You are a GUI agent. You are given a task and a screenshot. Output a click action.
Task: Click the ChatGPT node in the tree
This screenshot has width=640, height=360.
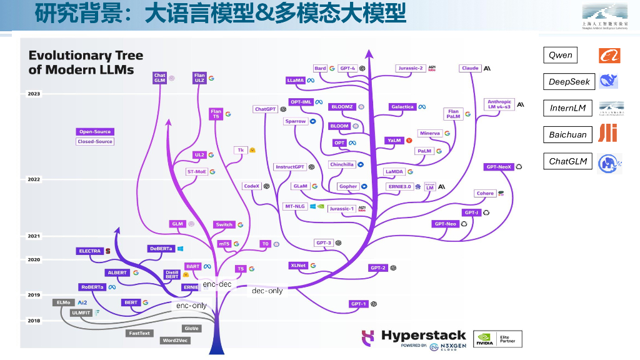(x=265, y=109)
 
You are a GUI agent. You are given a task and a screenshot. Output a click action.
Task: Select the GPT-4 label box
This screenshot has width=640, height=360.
(x=347, y=68)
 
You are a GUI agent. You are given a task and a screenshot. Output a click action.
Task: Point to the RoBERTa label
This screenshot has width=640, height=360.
(x=92, y=287)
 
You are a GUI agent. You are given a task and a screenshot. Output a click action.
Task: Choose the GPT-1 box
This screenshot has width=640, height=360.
(x=358, y=304)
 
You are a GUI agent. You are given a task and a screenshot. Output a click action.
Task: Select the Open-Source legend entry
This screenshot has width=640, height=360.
(x=95, y=132)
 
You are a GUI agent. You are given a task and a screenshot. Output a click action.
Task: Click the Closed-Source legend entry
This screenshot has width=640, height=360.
(x=95, y=141)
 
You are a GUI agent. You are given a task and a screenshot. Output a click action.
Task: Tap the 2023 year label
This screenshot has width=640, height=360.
(x=34, y=94)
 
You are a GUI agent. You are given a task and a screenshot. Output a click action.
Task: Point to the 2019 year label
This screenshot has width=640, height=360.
(x=34, y=295)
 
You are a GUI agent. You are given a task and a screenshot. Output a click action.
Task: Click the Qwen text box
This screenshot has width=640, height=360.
(x=560, y=55)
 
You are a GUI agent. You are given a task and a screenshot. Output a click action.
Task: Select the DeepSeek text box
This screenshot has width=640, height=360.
(x=569, y=82)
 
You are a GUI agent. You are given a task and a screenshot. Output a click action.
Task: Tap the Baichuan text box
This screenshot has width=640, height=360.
(x=567, y=134)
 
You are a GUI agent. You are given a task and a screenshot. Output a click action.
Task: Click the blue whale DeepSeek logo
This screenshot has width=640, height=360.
(x=608, y=81)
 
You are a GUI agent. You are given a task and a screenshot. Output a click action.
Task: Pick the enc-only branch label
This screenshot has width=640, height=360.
(x=191, y=306)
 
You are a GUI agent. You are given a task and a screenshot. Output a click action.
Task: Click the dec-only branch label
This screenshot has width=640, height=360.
(x=267, y=291)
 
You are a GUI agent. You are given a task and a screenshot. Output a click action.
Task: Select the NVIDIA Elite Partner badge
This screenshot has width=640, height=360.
(x=497, y=339)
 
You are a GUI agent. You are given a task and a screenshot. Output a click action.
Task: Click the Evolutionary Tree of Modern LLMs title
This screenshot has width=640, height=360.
(x=86, y=62)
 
